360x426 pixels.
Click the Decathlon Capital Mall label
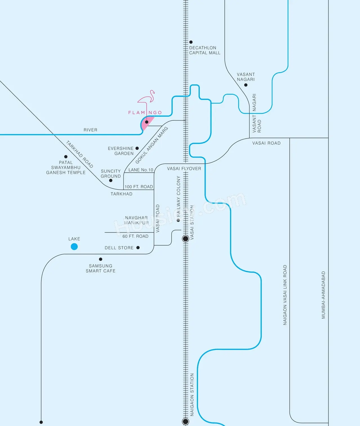[204, 50]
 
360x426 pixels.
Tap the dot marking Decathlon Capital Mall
[191, 42]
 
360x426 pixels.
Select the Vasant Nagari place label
[246, 77]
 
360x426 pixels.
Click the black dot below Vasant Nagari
[246, 85]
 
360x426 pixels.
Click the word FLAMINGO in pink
[145, 112]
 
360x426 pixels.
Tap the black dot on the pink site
[147, 122]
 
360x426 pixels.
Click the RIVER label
[90, 130]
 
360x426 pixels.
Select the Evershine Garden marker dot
[137, 148]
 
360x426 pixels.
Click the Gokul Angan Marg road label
[152, 145]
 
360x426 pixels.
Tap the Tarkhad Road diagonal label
[80, 154]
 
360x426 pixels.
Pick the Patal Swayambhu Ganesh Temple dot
[66, 157]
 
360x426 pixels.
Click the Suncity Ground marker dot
[111, 180]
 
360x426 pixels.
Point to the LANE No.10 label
[141, 170]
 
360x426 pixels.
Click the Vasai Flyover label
[184, 169]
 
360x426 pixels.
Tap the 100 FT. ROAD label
[139, 187]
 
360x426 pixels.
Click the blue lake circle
[74, 247]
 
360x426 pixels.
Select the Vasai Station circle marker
[185, 239]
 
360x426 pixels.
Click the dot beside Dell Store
[138, 248]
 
